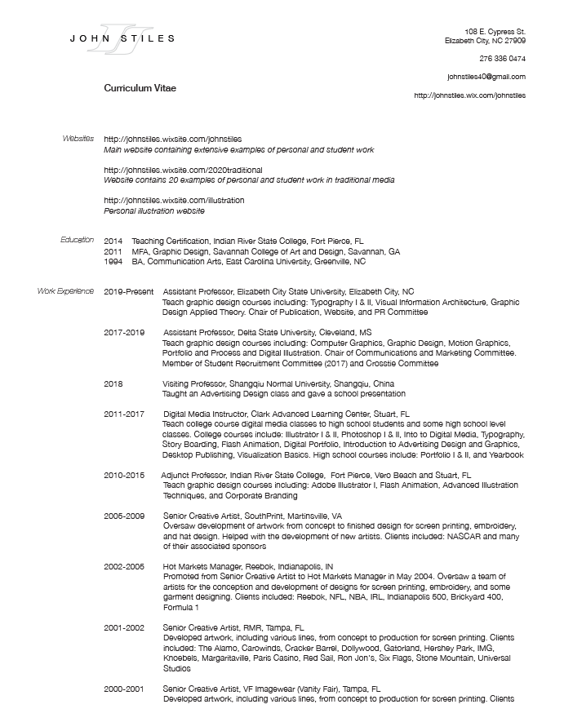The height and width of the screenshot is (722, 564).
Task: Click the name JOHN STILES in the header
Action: click(122, 38)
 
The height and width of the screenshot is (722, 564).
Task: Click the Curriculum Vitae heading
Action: click(140, 87)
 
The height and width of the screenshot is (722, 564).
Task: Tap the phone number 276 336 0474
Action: click(502, 58)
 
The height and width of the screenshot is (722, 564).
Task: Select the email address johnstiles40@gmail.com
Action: click(486, 77)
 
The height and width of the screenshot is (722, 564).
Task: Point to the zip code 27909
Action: click(513, 40)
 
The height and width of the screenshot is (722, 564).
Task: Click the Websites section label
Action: click(78, 139)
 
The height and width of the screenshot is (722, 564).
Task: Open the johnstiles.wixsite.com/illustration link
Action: click(174, 200)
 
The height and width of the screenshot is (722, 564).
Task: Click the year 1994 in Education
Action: click(113, 262)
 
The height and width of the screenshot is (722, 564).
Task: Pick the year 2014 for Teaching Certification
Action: click(113, 241)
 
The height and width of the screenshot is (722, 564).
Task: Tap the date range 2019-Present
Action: click(128, 291)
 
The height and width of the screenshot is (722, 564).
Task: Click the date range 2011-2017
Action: click(124, 414)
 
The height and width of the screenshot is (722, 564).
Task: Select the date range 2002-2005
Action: click(124, 566)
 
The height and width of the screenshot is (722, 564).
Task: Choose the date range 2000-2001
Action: click(124, 689)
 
